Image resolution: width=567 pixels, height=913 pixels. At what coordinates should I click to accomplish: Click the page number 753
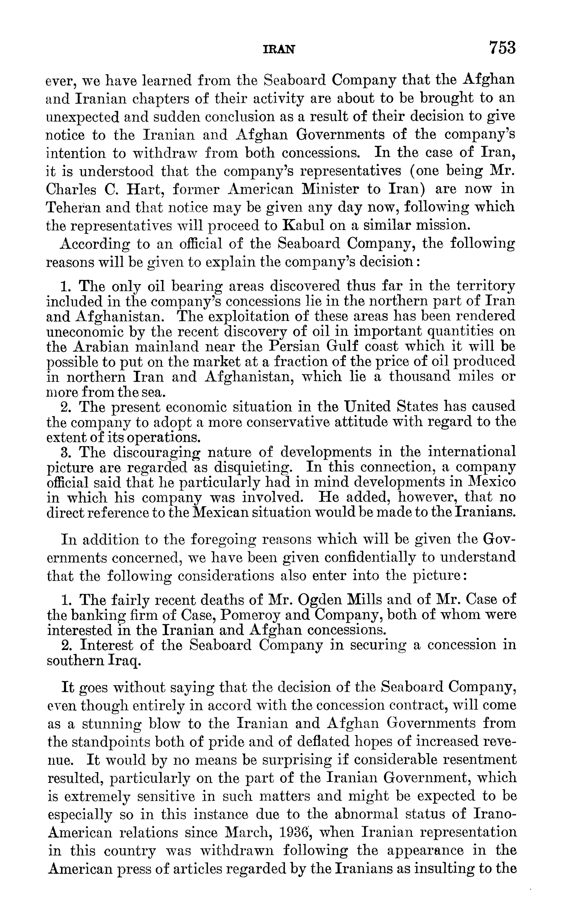click(x=502, y=48)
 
